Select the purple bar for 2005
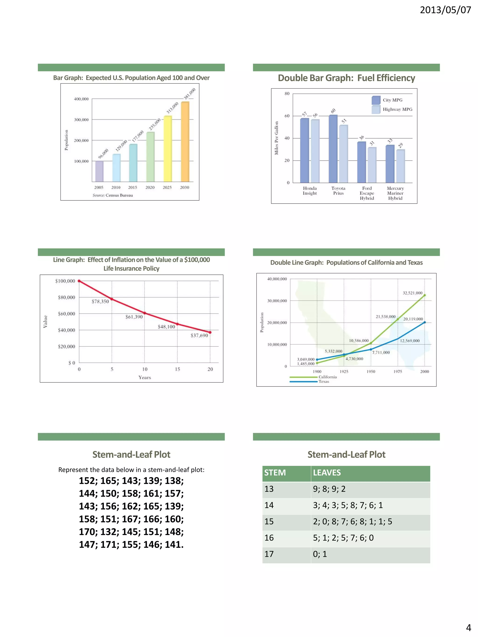(x=99, y=171)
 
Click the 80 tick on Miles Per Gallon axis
(x=287, y=94)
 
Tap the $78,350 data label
(x=100, y=302)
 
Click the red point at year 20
(x=210, y=332)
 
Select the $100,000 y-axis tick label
(x=65, y=281)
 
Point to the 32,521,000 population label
(x=412, y=293)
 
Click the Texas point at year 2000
(x=424, y=323)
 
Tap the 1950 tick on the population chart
(x=371, y=372)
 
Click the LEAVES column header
(x=327, y=473)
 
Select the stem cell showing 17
(x=269, y=554)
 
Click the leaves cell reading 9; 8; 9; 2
(x=329, y=489)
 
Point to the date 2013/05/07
(x=445, y=10)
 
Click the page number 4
(x=468, y=627)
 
